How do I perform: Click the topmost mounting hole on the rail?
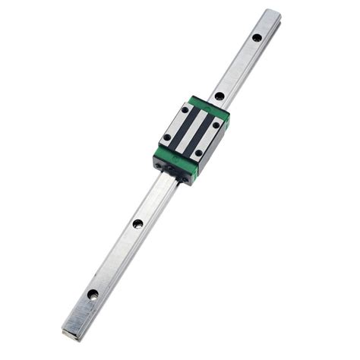[x=257, y=37]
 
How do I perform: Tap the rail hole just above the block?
[x=219, y=96]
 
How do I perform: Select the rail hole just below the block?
[x=137, y=223]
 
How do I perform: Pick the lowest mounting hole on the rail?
[x=93, y=294]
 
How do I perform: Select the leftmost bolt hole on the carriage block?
[x=167, y=138]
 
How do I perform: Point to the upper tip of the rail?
[x=272, y=12]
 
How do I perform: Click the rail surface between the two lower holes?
[x=115, y=258]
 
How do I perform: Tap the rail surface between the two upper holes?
[x=238, y=67]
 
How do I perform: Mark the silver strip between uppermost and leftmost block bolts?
[x=176, y=124]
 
